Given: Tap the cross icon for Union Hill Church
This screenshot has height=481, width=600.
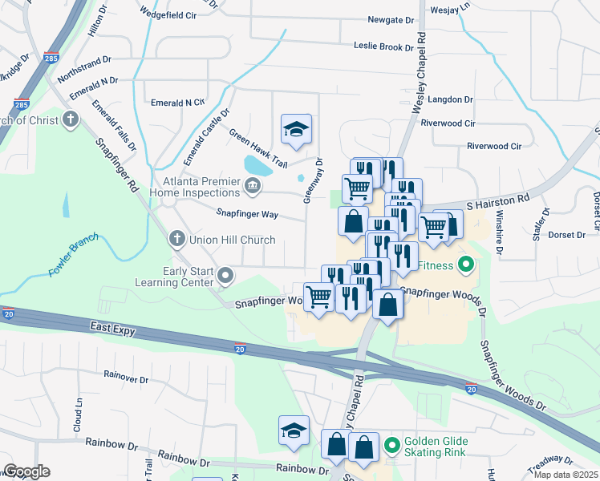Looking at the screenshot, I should [x=177, y=239].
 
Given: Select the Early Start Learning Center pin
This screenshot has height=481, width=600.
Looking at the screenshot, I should [x=225, y=276].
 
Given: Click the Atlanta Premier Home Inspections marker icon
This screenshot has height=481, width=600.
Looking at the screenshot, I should [x=252, y=188].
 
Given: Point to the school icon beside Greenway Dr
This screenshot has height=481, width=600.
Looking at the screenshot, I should [x=296, y=129].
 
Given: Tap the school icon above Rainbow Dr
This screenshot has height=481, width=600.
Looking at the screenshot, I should [x=294, y=431].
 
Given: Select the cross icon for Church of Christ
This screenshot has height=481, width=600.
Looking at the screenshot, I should [x=71, y=120].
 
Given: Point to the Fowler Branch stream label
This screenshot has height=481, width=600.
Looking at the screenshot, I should [x=72, y=255].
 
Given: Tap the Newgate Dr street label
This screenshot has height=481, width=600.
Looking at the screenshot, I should [x=391, y=19].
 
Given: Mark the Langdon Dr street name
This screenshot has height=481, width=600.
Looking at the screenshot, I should [x=451, y=99].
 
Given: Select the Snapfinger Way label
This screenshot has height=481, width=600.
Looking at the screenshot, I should [x=247, y=214].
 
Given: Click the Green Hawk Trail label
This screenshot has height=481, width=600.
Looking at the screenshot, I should [x=257, y=148].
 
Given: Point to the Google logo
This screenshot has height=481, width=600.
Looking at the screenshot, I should [x=26, y=471].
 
